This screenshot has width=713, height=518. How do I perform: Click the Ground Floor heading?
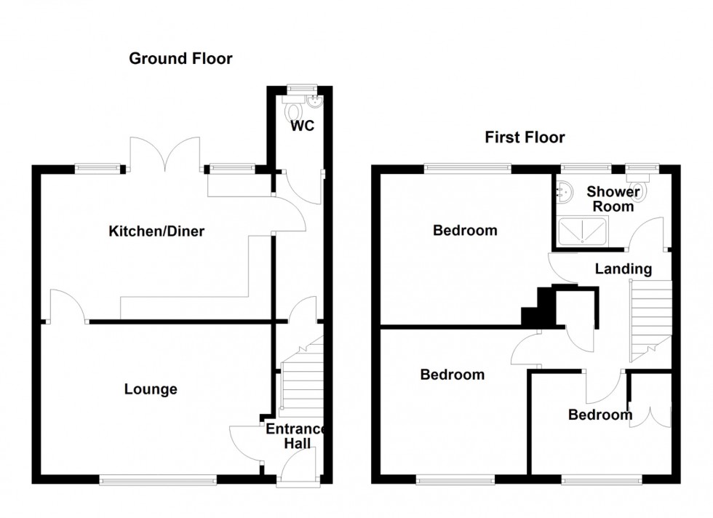pyautogui.click(x=180, y=59)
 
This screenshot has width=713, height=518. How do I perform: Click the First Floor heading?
pyautogui.click(x=525, y=138)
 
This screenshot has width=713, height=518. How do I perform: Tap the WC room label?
pyautogui.click(x=303, y=126)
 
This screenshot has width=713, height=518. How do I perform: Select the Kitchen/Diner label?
pyautogui.click(x=156, y=231)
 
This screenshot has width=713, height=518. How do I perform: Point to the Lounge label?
pyautogui.click(x=151, y=389)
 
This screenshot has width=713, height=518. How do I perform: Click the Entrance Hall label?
pyautogui.click(x=295, y=436)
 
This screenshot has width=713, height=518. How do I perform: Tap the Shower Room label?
pyautogui.click(x=613, y=199)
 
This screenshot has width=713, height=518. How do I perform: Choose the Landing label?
pyautogui.click(x=624, y=268)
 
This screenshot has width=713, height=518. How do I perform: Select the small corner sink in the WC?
pyautogui.click(x=314, y=101)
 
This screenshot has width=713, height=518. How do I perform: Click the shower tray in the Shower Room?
pyautogui.click(x=583, y=232)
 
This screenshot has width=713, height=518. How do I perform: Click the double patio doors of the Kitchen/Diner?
pyautogui.click(x=165, y=155)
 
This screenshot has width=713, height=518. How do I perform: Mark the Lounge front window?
pyautogui.click(x=158, y=479)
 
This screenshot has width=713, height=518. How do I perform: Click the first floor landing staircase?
pyautogui.click(x=650, y=321)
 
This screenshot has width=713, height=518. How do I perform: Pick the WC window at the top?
pyautogui.click(x=303, y=88)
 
